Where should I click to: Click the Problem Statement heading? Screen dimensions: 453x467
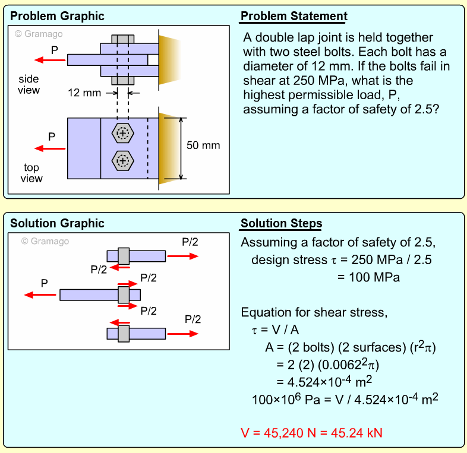294,16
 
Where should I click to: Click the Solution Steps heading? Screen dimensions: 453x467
281,224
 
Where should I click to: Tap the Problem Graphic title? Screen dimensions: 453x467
57,16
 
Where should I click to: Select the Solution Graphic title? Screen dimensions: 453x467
57,224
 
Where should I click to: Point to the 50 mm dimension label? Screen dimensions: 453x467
203,145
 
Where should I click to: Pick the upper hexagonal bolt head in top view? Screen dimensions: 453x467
123,134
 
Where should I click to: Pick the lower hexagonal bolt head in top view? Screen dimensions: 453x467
123,160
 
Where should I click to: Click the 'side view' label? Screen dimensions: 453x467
29,85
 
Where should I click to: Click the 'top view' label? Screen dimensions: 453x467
31,173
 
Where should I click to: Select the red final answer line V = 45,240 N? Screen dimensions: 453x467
311,433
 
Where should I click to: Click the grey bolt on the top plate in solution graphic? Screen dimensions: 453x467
124,256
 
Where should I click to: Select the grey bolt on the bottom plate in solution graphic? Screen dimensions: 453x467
124,333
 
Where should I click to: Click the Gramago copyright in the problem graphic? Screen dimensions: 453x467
39,34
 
